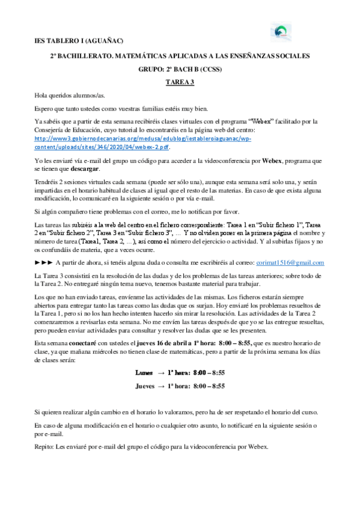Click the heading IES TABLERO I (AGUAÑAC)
(x=78, y=41)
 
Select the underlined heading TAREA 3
(x=180, y=83)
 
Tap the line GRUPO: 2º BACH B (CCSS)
(x=180, y=69)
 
